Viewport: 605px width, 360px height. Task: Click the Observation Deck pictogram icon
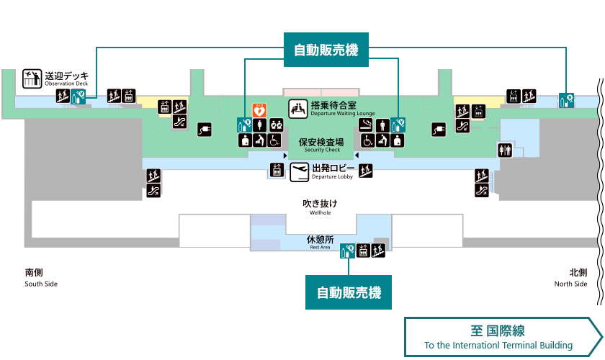(x=32, y=78)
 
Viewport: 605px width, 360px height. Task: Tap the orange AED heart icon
(x=259, y=110)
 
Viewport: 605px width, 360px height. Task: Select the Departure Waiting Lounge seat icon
(x=298, y=109)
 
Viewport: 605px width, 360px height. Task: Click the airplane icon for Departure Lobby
(x=300, y=172)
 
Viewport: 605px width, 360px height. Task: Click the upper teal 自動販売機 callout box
(x=326, y=50)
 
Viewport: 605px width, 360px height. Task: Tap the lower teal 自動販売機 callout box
(x=349, y=292)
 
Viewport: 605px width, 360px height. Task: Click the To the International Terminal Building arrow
(x=503, y=337)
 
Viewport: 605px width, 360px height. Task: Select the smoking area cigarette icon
(x=366, y=125)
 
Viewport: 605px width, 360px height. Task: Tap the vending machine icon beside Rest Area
(x=348, y=251)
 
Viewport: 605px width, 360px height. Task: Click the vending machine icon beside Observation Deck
(x=79, y=96)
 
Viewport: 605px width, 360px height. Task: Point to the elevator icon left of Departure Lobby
(x=277, y=170)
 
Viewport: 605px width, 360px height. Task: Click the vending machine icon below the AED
(x=244, y=125)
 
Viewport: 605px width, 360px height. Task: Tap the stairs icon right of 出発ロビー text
(x=366, y=171)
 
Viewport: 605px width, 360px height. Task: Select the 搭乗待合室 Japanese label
(x=333, y=105)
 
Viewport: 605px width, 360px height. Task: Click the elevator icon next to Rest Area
(x=363, y=251)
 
